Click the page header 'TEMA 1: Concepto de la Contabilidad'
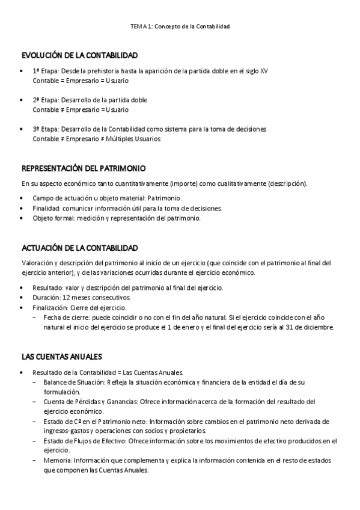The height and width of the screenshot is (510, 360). pos(180,27)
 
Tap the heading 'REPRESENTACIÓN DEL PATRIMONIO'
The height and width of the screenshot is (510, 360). pos(84,168)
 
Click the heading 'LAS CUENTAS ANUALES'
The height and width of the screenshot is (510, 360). pos(62,356)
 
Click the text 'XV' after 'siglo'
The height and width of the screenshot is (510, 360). pos(264,71)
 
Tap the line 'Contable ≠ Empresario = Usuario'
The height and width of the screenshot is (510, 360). pos(81,110)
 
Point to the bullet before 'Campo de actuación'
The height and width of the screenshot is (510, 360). pos(22,198)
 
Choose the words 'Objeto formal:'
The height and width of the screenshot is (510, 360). pos(53,218)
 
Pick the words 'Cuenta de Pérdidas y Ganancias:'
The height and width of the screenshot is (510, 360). pos(91,402)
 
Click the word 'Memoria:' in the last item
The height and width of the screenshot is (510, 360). pos(57,461)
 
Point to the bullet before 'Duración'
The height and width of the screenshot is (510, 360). pos(22,297)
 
